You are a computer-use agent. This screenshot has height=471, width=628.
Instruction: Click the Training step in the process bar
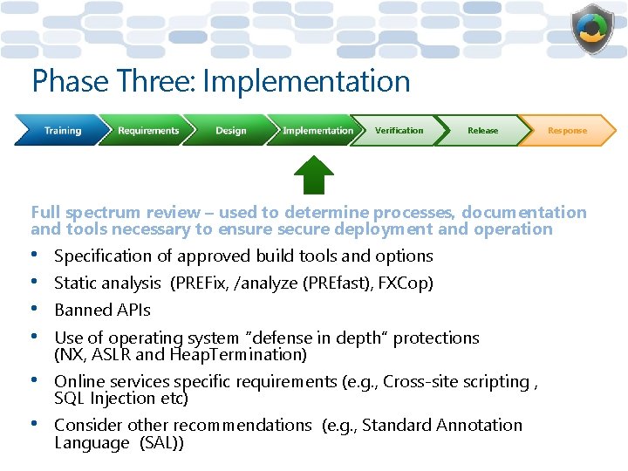pyautogui.click(x=61, y=131)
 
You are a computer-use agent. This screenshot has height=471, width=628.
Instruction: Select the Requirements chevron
pyautogui.click(x=147, y=131)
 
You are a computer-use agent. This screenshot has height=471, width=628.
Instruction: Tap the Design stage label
pyautogui.click(x=230, y=131)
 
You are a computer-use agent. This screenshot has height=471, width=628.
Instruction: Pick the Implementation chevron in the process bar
pyautogui.click(x=317, y=131)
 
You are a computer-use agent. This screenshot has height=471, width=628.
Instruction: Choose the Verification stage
pyautogui.click(x=399, y=131)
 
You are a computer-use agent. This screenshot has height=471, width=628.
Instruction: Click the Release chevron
pyautogui.click(x=482, y=131)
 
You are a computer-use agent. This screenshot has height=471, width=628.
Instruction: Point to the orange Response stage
pyautogui.click(x=567, y=131)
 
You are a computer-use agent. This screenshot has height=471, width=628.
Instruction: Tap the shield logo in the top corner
pyautogui.click(x=592, y=30)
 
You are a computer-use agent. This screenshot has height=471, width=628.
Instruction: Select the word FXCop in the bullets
pyautogui.click(x=408, y=283)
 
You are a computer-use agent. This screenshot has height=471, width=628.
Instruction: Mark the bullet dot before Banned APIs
pyautogui.click(x=36, y=310)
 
